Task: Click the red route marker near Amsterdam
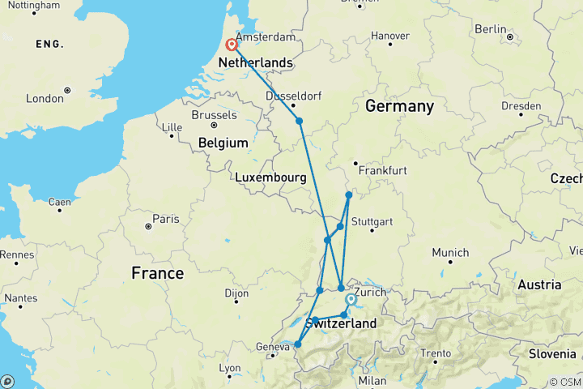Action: [x=232, y=45]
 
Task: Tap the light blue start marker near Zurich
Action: [x=351, y=299]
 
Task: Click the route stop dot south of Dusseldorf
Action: [x=300, y=121]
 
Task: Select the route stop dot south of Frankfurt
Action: [x=349, y=194]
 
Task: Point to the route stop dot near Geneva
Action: [x=297, y=344]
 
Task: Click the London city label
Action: [x=45, y=99]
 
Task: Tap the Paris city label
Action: [x=166, y=219]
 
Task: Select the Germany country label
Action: [x=399, y=106]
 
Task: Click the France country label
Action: [x=158, y=274]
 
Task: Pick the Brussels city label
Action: [x=214, y=115]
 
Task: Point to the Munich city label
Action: [x=450, y=253]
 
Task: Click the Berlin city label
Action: [x=491, y=29]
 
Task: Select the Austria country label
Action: [x=539, y=284]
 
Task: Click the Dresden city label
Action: [x=521, y=106]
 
